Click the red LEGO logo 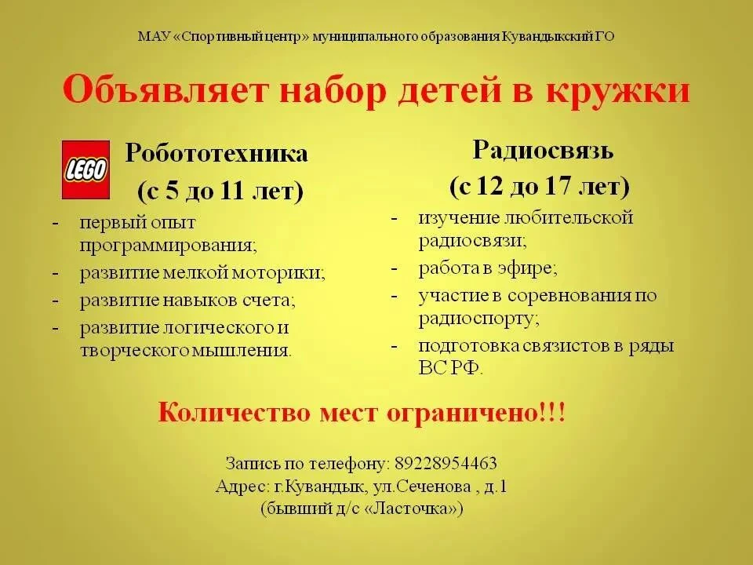(86, 169)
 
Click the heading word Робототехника (216, 154)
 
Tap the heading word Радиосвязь (543, 150)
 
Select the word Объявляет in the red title (164, 89)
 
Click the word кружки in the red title (618, 91)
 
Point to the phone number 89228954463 (446, 463)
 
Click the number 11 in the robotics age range (232, 191)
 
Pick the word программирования (169, 246)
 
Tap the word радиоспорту (479, 319)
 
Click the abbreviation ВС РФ (450, 369)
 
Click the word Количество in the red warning (235, 413)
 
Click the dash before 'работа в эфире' (395, 268)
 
